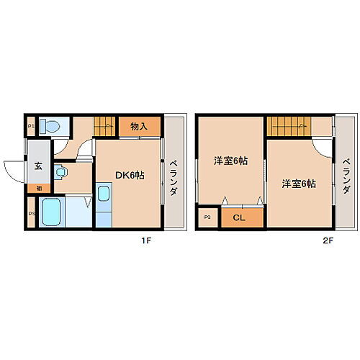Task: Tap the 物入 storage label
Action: click(139, 127)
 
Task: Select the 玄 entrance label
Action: click(37, 166)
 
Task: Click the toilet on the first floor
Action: click(50, 127)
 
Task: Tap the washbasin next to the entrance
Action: click(63, 173)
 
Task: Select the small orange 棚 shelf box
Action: click(37, 188)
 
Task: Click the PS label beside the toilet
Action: click(30, 127)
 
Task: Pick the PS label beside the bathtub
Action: click(30, 213)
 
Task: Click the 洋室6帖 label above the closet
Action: click(230, 161)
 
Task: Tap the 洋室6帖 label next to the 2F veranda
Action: click(298, 184)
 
